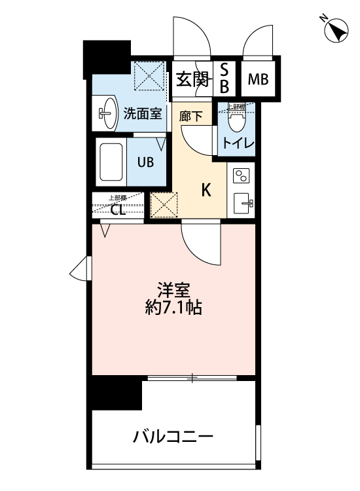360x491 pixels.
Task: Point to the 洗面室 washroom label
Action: coord(142,113)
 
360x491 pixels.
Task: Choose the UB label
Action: coord(145,162)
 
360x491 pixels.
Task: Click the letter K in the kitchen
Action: coord(206,191)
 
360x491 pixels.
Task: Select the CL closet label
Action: coord(118,209)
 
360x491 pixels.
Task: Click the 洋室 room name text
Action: coord(172,289)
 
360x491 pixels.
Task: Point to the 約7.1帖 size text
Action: coord(172,307)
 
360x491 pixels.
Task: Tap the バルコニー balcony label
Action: coord(173,436)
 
